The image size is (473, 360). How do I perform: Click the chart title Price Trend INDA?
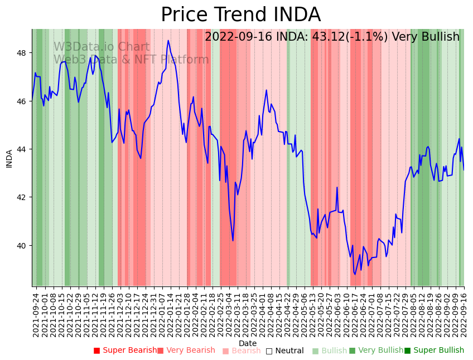click(x=240, y=15)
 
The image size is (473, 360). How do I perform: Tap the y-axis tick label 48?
click(x=23, y=53)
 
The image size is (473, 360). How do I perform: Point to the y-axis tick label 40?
click(x=23, y=245)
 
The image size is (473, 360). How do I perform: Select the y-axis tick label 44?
click(x=23, y=149)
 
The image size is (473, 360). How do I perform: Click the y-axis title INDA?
click(x=9, y=158)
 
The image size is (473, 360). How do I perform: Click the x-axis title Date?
click(x=248, y=343)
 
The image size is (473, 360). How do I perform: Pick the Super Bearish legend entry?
click(x=126, y=351)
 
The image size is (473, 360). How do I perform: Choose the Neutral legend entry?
click(x=285, y=351)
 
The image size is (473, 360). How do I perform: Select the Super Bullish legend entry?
click(x=434, y=351)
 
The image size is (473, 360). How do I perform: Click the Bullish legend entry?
click(x=330, y=351)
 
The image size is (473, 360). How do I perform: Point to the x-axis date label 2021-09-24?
click(x=36, y=314)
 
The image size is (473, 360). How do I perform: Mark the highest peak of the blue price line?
click(x=168, y=40)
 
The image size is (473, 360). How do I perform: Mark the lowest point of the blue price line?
click(x=354, y=274)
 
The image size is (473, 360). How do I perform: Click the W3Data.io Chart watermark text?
click(x=102, y=47)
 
